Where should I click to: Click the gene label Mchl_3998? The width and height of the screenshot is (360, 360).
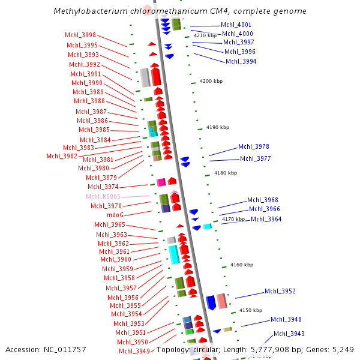(80, 35)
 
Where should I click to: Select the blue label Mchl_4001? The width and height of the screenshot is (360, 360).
(236, 25)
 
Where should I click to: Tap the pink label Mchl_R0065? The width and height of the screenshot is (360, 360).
(103, 197)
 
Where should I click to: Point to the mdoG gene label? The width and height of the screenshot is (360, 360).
(115, 215)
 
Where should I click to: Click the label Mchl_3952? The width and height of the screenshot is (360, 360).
(280, 291)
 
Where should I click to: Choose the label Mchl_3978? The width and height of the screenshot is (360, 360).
(253, 146)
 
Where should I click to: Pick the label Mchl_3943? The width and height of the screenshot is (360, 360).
(289, 334)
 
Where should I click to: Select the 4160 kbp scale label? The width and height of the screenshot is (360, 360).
(242, 265)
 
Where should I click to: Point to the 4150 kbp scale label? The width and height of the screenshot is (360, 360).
(251, 310)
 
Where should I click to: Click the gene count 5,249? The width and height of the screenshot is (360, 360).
(342, 349)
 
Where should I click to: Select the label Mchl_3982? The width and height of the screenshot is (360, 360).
(61, 157)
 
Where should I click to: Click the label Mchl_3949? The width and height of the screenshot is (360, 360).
(134, 351)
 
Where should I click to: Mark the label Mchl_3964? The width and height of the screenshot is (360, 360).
(266, 219)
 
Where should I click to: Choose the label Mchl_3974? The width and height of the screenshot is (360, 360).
(103, 187)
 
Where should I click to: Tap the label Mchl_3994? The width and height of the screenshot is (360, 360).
(241, 61)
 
